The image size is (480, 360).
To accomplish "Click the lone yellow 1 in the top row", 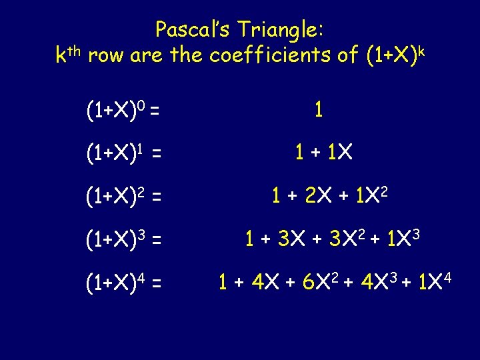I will (x=319, y=110).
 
